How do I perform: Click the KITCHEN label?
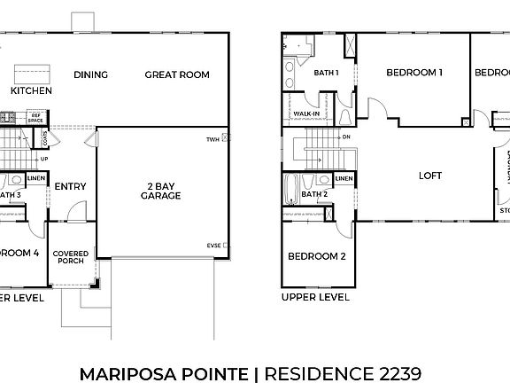click(x=31, y=91)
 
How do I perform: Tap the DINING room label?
click(x=90, y=75)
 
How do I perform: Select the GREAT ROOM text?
click(x=177, y=75)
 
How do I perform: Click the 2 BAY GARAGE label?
click(x=162, y=191)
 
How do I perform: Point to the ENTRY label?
click(x=70, y=186)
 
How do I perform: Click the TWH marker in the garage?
click(x=213, y=139)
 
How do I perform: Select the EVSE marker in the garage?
click(x=213, y=246)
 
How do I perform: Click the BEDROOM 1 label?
click(x=413, y=74)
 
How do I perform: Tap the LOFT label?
click(x=429, y=176)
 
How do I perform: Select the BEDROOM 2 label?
click(x=316, y=257)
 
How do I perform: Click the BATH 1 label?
click(x=327, y=72)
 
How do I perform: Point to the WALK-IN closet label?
click(x=306, y=114)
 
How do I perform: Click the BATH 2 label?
click(x=314, y=194)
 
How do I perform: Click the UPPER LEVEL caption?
click(x=314, y=298)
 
